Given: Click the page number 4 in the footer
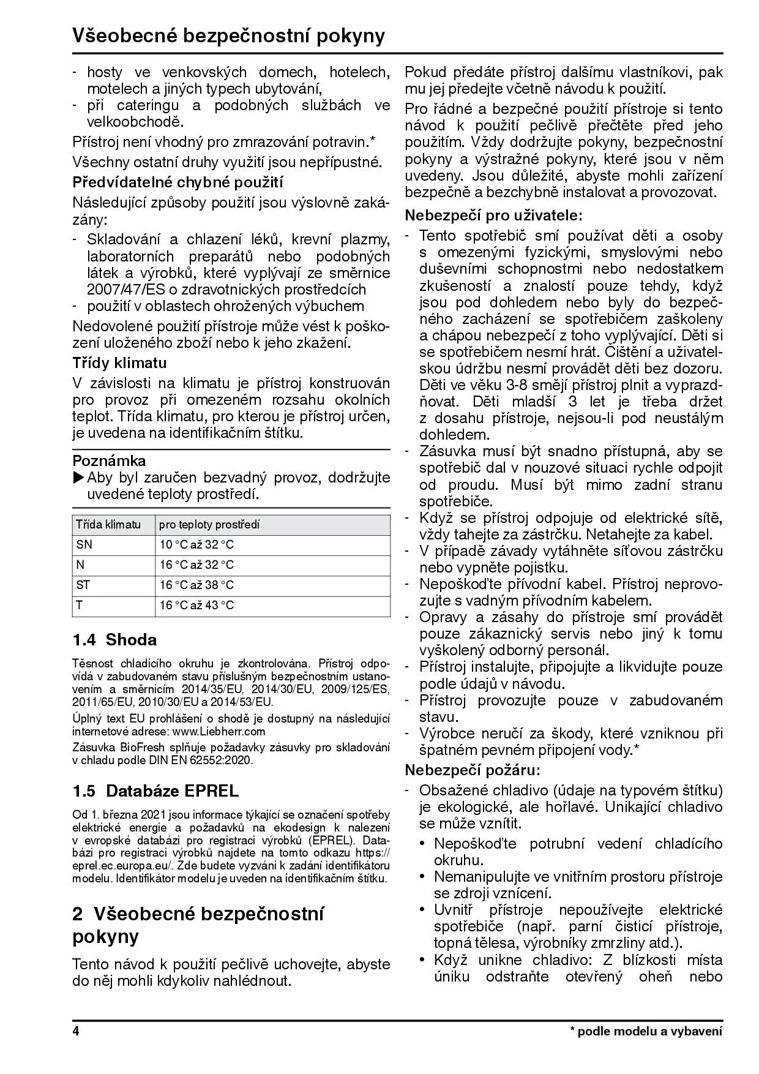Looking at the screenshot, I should coord(76,1031).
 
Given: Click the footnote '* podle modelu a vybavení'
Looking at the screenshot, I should coord(646,1031).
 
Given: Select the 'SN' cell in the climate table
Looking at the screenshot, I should coord(84,544).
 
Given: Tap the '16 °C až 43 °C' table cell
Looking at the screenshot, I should coord(196,606).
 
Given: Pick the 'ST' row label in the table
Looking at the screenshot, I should coord(83,585).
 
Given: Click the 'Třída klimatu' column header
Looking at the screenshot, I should coord(108,524).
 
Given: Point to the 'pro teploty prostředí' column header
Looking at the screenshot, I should coord(209,524).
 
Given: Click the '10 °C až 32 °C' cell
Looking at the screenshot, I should coord(196,544).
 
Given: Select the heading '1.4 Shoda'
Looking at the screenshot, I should coord(114,640).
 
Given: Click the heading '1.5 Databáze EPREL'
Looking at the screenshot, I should coord(155,790).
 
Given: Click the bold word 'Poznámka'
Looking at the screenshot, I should coord(109,460).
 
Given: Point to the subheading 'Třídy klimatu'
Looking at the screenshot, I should coord(119,362).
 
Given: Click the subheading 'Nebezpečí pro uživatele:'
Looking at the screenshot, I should coord(494,215).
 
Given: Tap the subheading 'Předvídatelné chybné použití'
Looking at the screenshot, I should coord(178,182).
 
